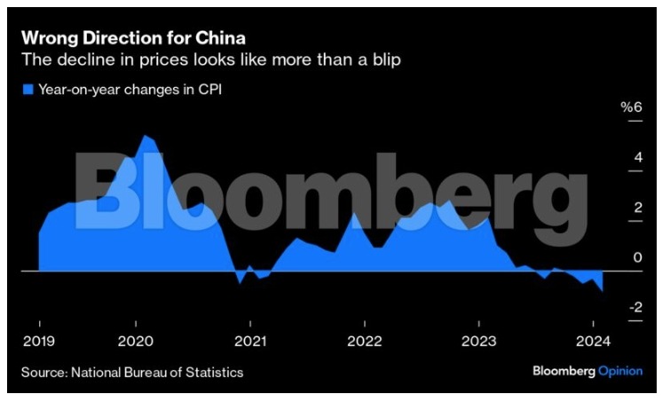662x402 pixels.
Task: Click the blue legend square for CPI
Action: (27, 90)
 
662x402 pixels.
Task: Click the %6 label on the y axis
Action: (630, 107)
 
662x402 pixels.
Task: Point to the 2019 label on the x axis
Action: (39, 342)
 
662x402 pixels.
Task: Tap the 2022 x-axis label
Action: (364, 342)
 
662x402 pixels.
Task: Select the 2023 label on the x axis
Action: (478, 342)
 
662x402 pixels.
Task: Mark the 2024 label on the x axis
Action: (593, 342)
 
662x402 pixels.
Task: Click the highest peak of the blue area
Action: (146, 137)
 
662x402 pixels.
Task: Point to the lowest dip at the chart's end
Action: (603, 290)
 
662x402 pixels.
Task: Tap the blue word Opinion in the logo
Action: (619, 371)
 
